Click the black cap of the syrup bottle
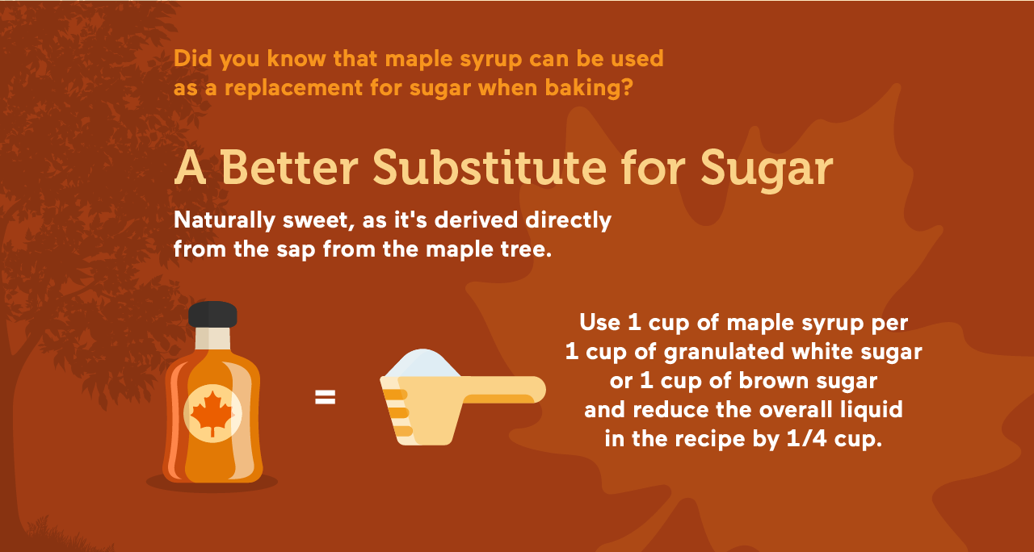tap(212, 314)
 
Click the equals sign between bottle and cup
tap(325, 397)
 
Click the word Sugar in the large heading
tap(767, 168)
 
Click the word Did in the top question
tap(190, 59)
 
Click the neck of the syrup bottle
tap(212, 337)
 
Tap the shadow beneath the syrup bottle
tap(212, 483)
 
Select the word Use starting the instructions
tap(599, 323)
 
